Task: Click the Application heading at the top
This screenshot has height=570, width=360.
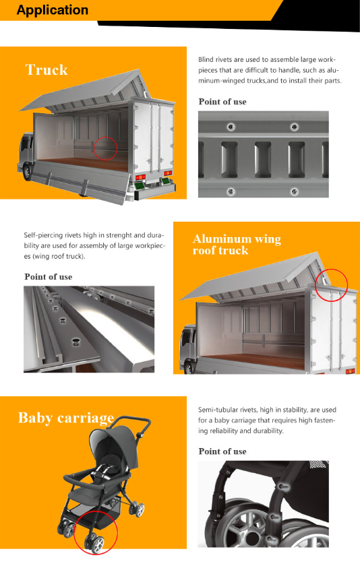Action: point(53,10)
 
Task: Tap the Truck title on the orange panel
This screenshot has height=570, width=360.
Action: point(47,70)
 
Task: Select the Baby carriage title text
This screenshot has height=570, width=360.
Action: point(66,418)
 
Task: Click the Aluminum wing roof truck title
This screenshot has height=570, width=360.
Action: point(237,245)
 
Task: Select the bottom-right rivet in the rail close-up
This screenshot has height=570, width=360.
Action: point(294,191)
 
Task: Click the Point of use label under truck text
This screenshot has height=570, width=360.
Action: point(222,102)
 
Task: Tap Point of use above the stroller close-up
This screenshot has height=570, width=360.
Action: point(222,451)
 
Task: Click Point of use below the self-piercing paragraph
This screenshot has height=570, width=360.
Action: point(49,277)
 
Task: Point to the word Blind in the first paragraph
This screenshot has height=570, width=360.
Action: point(206,59)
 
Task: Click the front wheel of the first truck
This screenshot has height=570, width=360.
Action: point(26,172)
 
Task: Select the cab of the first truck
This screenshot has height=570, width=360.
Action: point(26,153)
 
